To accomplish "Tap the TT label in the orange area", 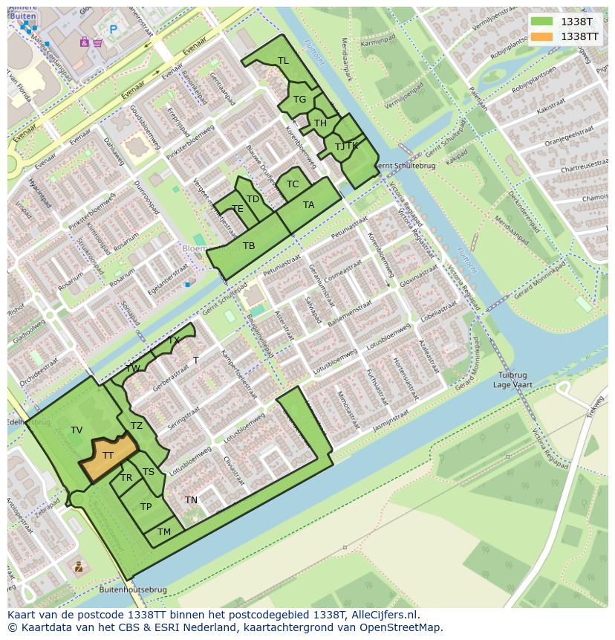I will (108, 456).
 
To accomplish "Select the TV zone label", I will (77, 430).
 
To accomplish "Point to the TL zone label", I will (283, 61).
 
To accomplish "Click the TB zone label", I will (249, 246).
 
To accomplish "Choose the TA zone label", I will (308, 205).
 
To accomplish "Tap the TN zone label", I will (191, 500).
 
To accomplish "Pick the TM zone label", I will (164, 532).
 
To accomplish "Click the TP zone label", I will (146, 507).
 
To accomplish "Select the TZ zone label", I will (136, 426).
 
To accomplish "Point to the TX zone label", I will (174, 340).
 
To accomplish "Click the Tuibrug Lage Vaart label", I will (513, 380).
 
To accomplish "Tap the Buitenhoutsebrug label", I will (132, 590).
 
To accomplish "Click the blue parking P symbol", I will (113, 30).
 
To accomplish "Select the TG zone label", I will (299, 100).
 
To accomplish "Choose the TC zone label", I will (293, 184).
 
